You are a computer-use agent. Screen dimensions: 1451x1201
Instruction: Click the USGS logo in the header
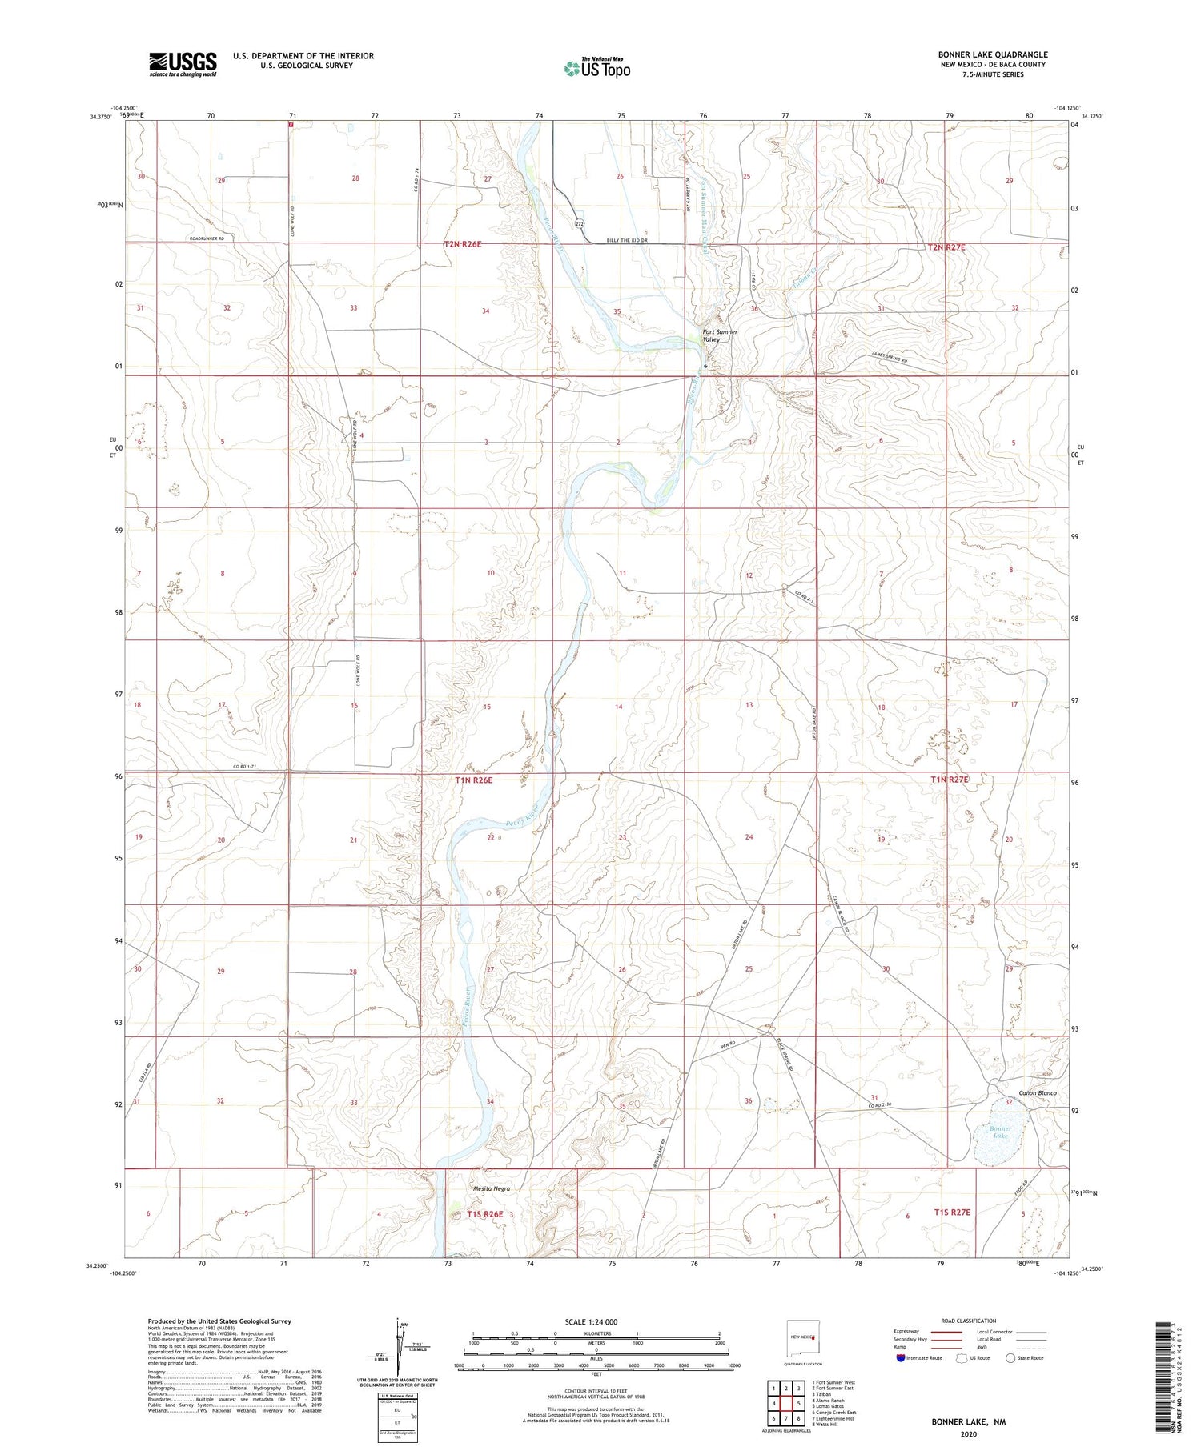(x=183, y=64)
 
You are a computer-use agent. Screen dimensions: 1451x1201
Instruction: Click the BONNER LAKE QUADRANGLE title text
(x=992, y=54)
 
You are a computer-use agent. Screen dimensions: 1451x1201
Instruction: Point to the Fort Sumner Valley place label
(x=719, y=335)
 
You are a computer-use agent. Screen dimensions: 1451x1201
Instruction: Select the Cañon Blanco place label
(x=1037, y=1092)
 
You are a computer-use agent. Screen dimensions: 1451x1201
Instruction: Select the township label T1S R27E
(x=952, y=1213)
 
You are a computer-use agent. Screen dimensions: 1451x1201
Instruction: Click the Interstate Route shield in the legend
(x=901, y=1357)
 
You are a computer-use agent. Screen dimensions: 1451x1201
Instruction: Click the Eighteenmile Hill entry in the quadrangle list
(x=833, y=1418)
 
